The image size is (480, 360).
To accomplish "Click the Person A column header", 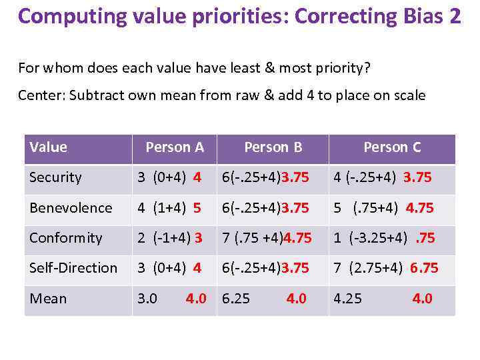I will point(175,147).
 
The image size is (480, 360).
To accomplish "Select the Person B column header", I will point(273,147).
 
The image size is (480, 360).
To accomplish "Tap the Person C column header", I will point(392,147).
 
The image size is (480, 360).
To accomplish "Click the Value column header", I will point(49,147).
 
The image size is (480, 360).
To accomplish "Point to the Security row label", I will point(55,178).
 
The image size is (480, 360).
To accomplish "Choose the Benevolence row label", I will point(71,208).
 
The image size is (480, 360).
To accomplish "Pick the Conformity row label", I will point(66,238).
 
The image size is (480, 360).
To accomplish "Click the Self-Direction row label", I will point(73,268).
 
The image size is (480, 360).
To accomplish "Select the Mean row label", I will point(48,299).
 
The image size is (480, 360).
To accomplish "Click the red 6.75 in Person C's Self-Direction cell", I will point(424,268).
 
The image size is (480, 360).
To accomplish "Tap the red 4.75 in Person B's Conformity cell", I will point(295,238).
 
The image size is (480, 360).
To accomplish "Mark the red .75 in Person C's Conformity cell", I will point(426,238).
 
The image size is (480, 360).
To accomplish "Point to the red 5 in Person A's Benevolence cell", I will point(197,208).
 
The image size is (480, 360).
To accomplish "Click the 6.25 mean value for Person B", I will point(236,299).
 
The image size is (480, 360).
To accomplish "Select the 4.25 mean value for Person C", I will point(347,299).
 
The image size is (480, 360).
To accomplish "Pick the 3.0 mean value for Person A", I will point(147,299).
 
